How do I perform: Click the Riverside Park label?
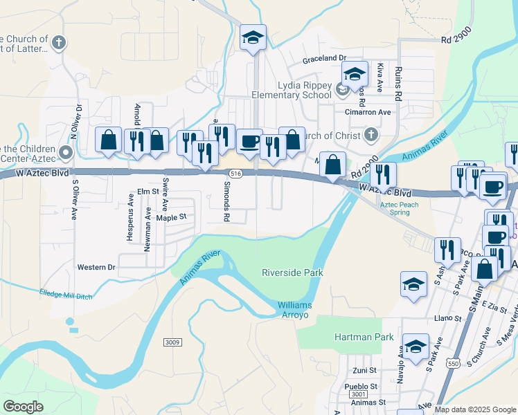tap(292, 273)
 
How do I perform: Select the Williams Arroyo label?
tap(295, 310)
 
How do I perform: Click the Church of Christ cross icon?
tap(372, 134)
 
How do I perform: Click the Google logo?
tap(24, 407)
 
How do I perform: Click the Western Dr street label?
tap(96, 267)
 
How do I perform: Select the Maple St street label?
tap(172, 217)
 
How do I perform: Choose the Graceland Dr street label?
tap(323, 59)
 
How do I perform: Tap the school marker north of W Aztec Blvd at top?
tap(253, 38)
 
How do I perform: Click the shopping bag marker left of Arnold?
tap(109, 141)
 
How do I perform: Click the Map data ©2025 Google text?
tap(475, 409)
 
